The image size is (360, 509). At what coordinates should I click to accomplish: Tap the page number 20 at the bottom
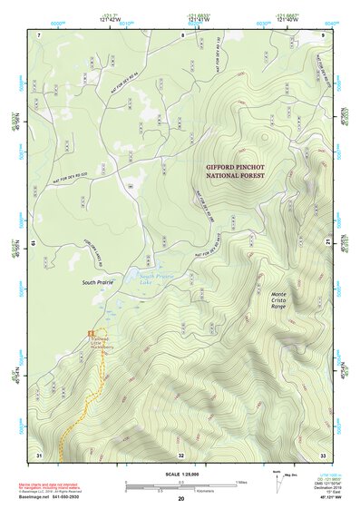click(181, 499)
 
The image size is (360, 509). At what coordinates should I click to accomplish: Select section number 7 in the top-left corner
click(40, 34)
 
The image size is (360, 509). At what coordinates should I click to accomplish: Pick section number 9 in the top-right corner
click(323, 34)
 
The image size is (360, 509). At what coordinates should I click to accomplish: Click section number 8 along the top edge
click(182, 34)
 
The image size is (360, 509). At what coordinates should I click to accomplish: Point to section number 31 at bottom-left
click(39, 454)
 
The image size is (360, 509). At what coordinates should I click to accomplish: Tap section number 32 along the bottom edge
click(181, 455)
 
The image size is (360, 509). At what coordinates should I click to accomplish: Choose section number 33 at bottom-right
click(323, 454)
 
